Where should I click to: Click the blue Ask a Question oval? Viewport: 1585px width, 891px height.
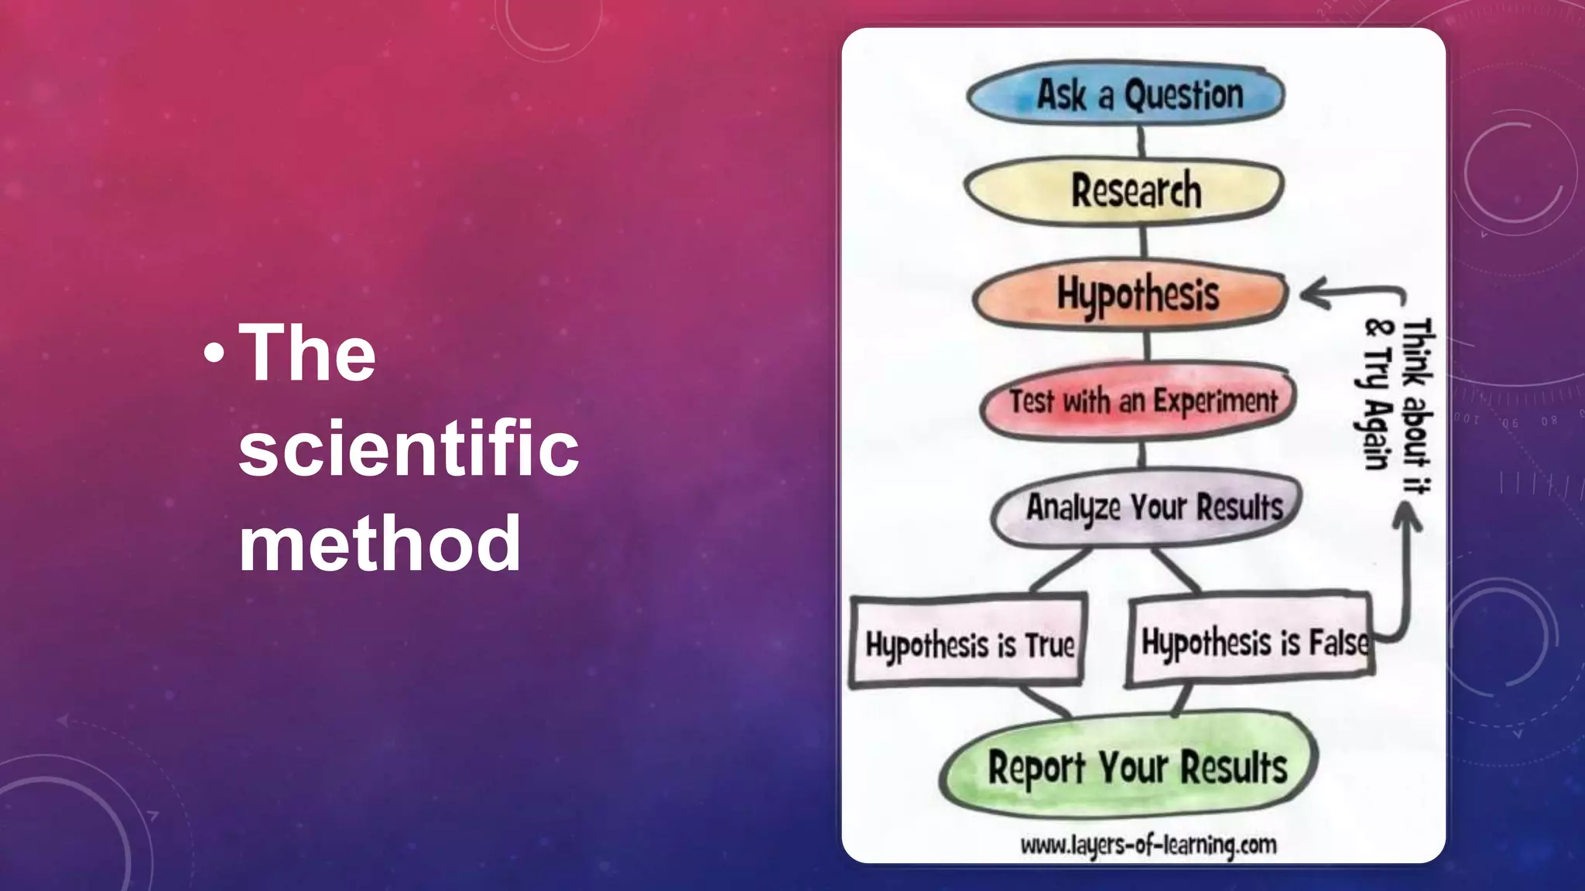tap(1126, 94)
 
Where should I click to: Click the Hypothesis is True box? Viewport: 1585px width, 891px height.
tap(967, 642)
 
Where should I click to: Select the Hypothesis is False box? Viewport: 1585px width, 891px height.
tap(1250, 640)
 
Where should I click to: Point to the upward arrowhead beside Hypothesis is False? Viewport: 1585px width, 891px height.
tap(1408, 514)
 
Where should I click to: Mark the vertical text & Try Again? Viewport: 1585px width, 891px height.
tap(1377, 394)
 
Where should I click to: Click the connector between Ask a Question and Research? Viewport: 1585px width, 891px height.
tap(1142, 142)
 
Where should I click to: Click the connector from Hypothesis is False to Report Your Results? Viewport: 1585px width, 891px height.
tap(1181, 700)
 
